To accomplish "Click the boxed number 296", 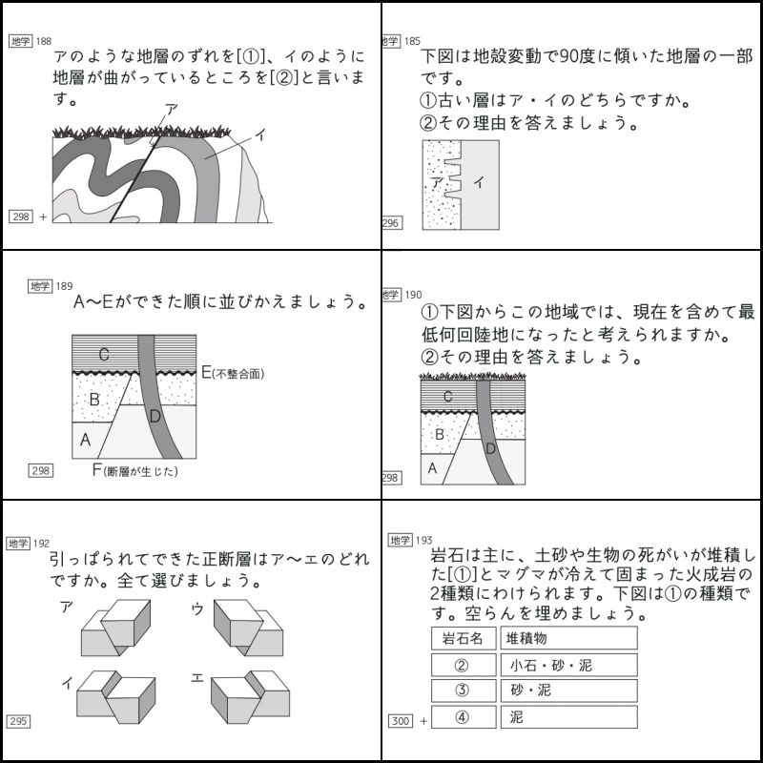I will click(x=391, y=223).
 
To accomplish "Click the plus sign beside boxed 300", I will click(x=423, y=721).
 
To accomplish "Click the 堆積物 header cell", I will click(x=568, y=638).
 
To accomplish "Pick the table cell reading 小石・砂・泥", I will click(x=568, y=665).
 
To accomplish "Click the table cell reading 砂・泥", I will click(x=568, y=691).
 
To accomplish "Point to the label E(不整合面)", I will click(x=233, y=373).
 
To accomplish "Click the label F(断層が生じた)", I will click(x=134, y=470).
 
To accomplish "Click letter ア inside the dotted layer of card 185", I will click(x=436, y=180).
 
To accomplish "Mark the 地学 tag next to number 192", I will click(x=18, y=543).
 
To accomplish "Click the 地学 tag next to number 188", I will click(x=19, y=41).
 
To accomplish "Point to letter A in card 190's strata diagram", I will click(x=432, y=467).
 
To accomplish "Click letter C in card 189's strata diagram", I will click(x=104, y=355).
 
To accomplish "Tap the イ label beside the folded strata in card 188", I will click(x=259, y=136).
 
